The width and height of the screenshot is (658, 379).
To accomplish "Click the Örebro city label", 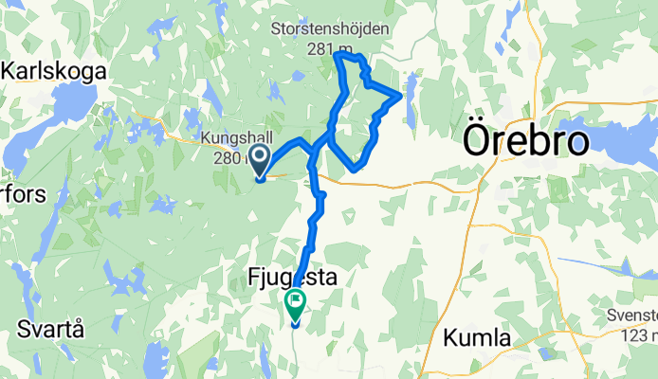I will pos(526,142).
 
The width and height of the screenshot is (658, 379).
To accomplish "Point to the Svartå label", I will pos(50,330).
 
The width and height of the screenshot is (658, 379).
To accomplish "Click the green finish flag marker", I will pos(295,305).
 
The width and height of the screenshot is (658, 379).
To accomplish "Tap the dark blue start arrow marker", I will pos(259,158).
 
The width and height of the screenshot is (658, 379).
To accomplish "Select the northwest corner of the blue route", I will pos(338,56).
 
